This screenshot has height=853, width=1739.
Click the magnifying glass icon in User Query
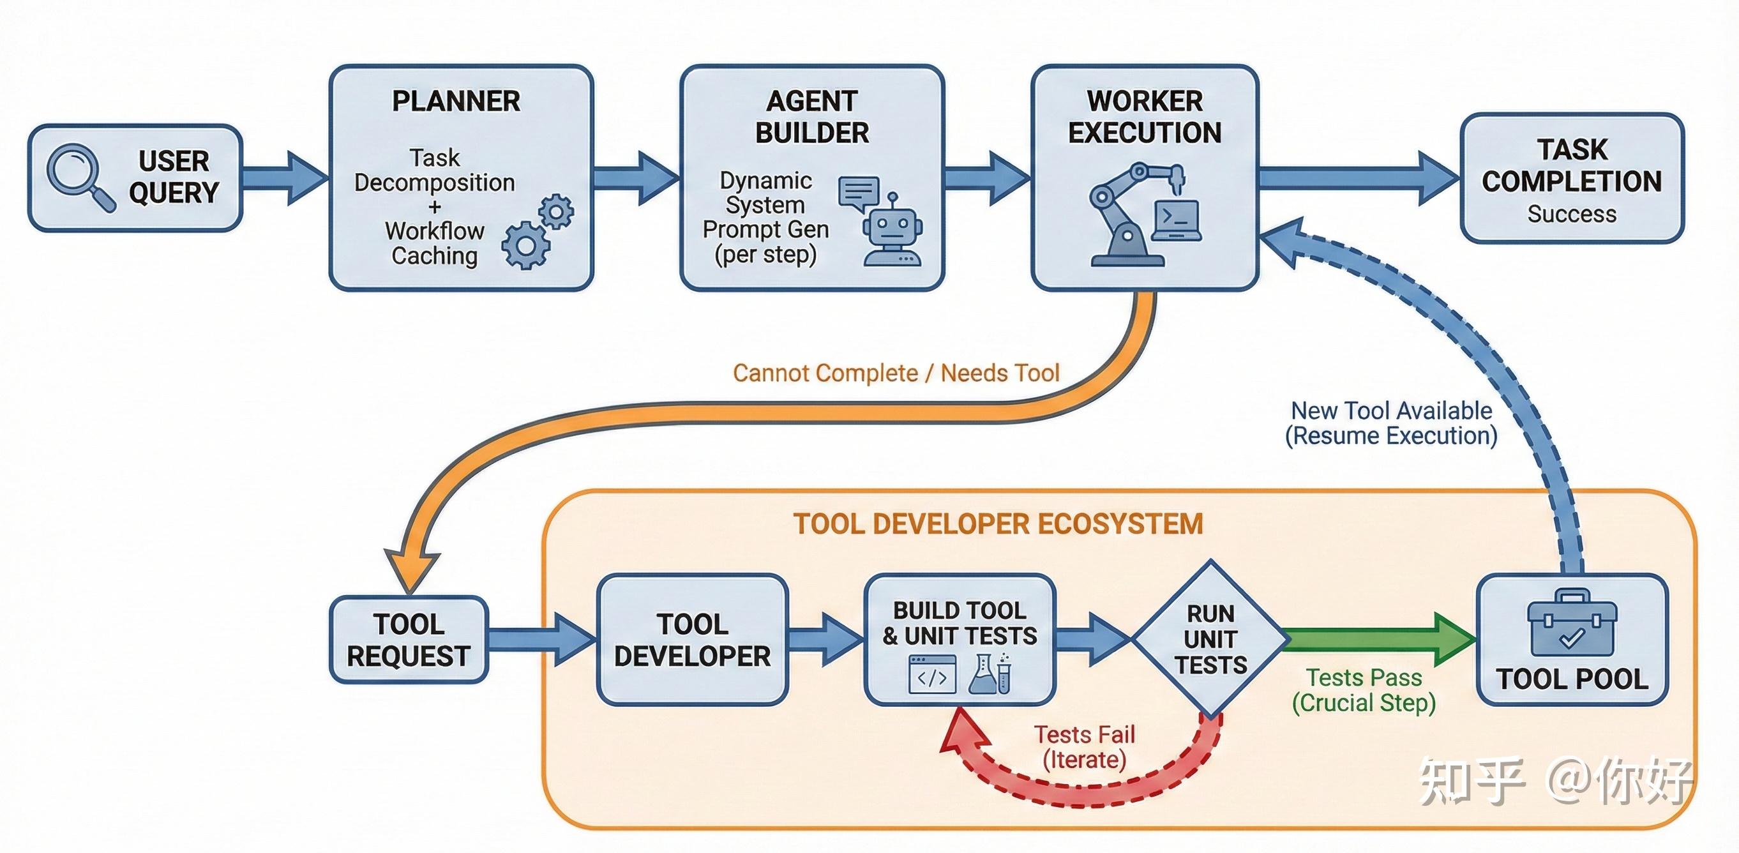pos(80,177)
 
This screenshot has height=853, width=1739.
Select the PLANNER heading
pos(456,102)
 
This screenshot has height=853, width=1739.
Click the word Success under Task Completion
pos(1572,214)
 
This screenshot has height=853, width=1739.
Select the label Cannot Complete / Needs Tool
pos(896,373)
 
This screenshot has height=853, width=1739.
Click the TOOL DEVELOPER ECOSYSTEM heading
pos(998,524)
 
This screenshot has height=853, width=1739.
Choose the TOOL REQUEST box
pos(409,640)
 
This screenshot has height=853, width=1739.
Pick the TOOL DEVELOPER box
pos(693,640)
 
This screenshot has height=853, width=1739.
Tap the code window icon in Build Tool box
pos(932,674)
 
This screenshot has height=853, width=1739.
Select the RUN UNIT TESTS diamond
pos(1210,638)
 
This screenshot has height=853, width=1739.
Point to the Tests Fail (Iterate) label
pos(1084,747)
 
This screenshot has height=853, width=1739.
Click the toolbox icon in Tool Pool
pos(1572,623)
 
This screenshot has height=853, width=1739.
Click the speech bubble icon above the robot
pos(859,192)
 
